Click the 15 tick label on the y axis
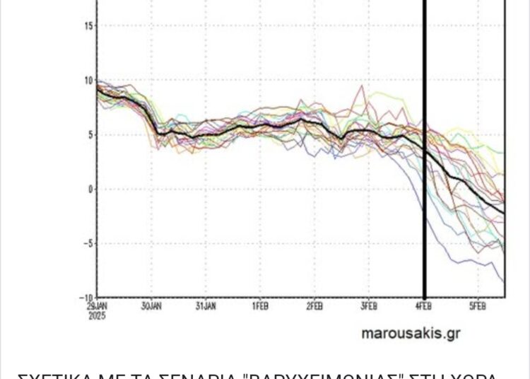(x=88, y=25)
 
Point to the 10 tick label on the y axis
(x=88, y=80)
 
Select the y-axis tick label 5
(x=90, y=134)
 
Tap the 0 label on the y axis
(x=90, y=189)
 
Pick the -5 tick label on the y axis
(x=88, y=243)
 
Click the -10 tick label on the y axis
(x=86, y=298)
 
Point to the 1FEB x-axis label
(x=260, y=307)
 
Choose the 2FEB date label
(x=314, y=307)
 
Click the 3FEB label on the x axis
(x=369, y=307)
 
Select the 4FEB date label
(x=424, y=307)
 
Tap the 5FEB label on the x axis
(x=478, y=307)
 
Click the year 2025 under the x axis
(x=98, y=315)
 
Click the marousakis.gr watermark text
(x=410, y=333)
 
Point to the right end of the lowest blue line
(x=504, y=281)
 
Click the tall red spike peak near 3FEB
(x=363, y=86)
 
